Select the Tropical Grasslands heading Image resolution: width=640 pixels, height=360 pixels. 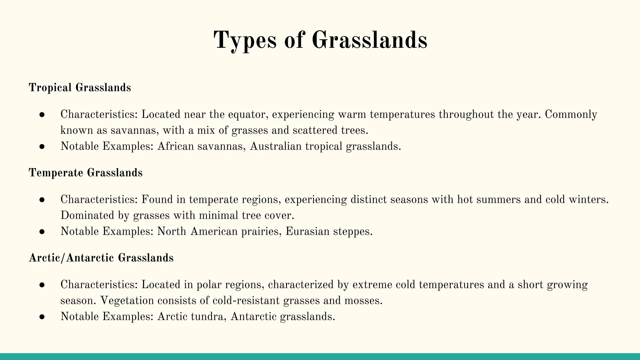click(x=80, y=87)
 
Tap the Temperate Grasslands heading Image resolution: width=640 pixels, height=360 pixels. click(x=86, y=172)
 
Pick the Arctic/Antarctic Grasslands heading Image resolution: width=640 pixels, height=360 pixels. click(x=101, y=258)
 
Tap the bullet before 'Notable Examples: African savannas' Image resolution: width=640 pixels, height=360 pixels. click(x=42, y=147)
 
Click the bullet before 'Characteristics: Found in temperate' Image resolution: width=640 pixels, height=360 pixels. click(x=42, y=200)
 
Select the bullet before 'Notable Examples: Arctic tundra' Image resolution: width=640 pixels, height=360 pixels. click(x=42, y=317)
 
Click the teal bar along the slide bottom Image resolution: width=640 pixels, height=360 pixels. click(x=320, y=357)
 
